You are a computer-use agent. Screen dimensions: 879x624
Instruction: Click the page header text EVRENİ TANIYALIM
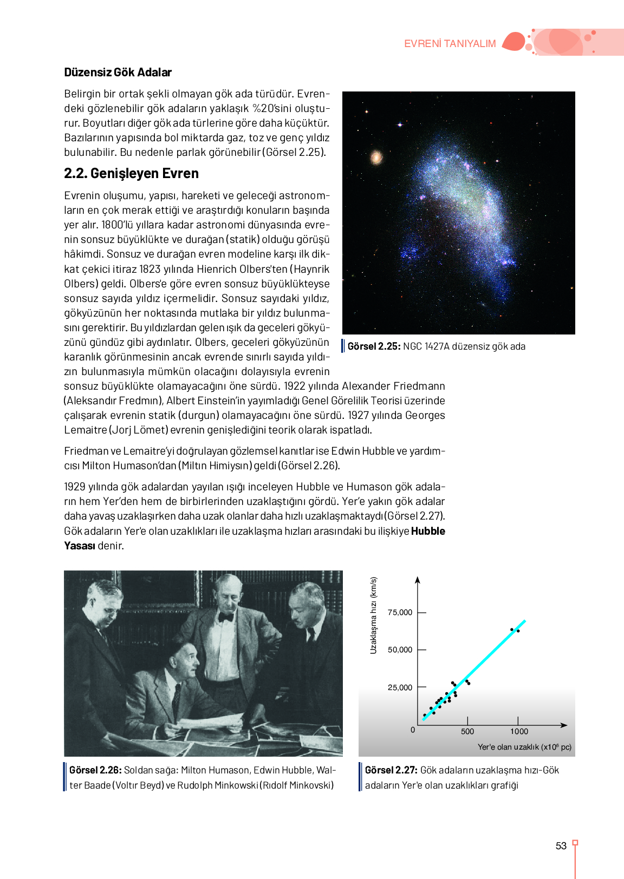pyautogui.click(x=450, y=44)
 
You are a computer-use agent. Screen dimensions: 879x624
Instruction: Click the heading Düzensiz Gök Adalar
pyautogui.click(x=118, y=73)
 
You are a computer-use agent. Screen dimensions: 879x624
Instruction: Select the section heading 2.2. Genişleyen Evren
pyautogui.click(x=131, y=173)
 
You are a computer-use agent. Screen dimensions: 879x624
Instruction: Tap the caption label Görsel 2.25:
pyautogui.click(x=374, y=346)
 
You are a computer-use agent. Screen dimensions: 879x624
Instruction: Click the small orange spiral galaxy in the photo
pyautogui.click(x=376, y=158)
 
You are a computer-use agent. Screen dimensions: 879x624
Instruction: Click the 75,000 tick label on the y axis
pyautogui.click(x=400, y=613)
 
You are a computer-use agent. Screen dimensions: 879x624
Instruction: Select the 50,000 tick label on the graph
pyautogui.click(x=400, y=650)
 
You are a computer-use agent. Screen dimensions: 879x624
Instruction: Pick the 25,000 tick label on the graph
pyautogui.click(x=400, y=688)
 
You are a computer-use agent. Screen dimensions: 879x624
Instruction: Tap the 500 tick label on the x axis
pyautogui.click(x=467, y=732)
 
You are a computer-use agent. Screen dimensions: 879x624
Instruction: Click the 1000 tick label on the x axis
pyautogui.click(x=519, y=732)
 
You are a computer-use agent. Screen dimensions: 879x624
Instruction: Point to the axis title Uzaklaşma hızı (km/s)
pyautogui.click(x=373, y=615)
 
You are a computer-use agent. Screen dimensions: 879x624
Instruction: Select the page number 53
pyautogui.click(x=561, y=846)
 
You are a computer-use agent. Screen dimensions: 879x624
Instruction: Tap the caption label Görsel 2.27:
pyautogui.click(x=391, y=770)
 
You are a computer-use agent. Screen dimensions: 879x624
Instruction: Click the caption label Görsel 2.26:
pyautogui.click(x=95, y=770)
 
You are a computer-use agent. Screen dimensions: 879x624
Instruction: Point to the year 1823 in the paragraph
pyautogui.click(x=150, y=269)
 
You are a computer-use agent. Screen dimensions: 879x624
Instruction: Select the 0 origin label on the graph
pyautogui.click(x=413, y=730)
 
